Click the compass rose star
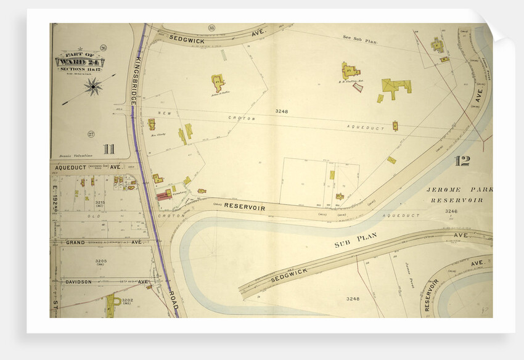click(x=93, y=86)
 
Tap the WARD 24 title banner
click(x=80, y=62)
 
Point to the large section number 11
click(x=109, y=149)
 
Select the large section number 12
click(x=462, y=162)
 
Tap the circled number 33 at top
click(x=211, y=28)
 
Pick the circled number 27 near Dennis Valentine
click(x=91, y=134)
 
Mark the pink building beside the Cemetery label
click(x=163, y=196)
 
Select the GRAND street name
click(x=75, y=243)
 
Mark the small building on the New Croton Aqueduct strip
click(x=395, y=126)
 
